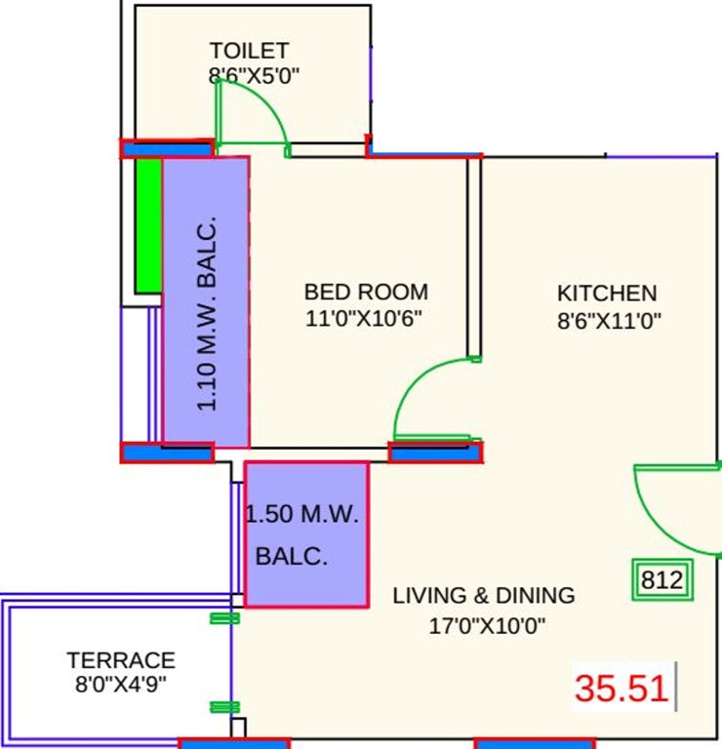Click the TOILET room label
(x=249, y=51)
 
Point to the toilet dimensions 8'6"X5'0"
(x=253, y=76)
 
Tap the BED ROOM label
(x=366, y=292)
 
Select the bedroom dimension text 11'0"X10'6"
(x=366, y=318)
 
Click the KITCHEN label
(x=607, y=293)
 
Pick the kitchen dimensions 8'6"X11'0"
(x=610, y=319)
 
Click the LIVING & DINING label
(x=484, y=595)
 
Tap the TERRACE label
(x=121, y=660)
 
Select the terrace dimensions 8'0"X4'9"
(x=121, y=684)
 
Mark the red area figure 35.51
(x=622, y=689)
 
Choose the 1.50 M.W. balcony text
(x=302, y=515)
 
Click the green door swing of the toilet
(x=256, y=112)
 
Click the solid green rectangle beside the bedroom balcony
(x=148, y=224)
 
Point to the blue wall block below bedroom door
(x=435, y=452)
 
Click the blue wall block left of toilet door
(x=166, y=148)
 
